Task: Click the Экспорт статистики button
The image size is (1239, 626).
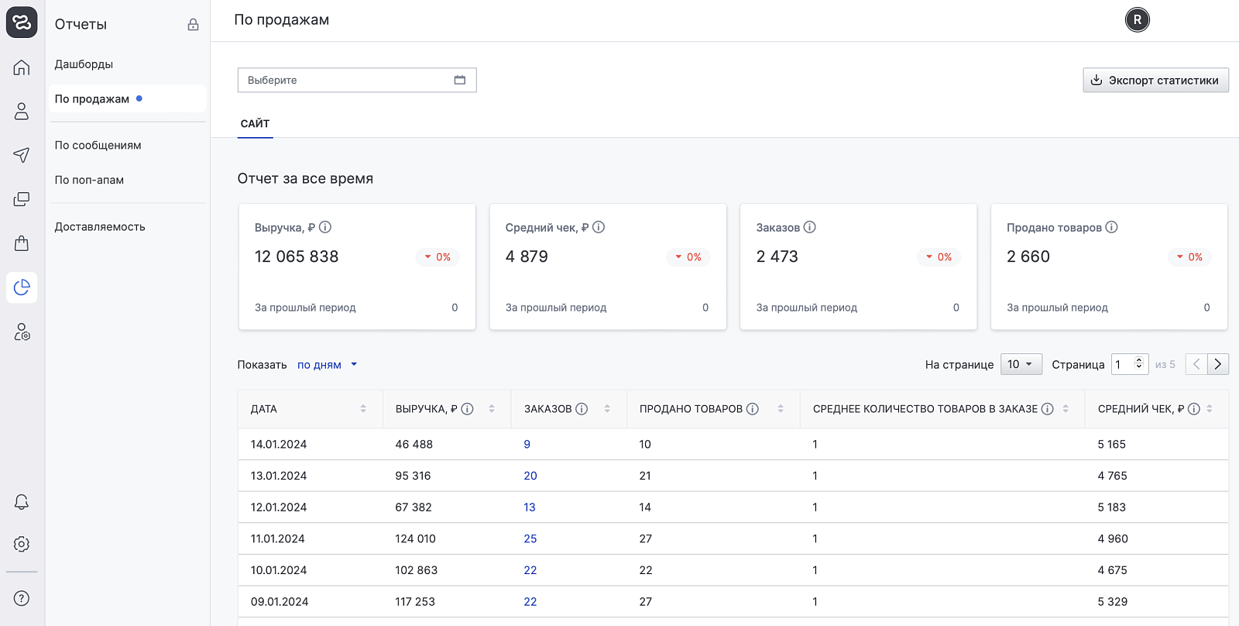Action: click(1155, 81)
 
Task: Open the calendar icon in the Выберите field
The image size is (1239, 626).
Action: click(460, 80)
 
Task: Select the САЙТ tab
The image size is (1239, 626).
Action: click(255, 123)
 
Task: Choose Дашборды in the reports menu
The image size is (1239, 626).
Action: click(84, 64)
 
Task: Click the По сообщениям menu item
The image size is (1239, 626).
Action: click(98, 145)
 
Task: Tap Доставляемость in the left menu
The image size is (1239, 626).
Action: click(100, 226)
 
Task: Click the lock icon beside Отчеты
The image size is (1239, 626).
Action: click(193, 24)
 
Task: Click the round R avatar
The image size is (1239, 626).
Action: click(1138, 20)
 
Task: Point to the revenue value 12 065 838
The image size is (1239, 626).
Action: click(297, 256)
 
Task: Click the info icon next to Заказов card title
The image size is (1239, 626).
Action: click(810, 227)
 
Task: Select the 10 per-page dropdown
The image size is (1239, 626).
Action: click(1021, 364)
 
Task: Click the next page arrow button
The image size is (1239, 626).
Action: click(1218, 364)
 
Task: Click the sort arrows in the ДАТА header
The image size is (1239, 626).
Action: click(363, 409)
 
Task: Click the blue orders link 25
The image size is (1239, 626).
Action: click(530, 538)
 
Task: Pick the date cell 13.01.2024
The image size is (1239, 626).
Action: click(278, 476)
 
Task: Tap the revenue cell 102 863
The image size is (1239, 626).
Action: click(416, 570)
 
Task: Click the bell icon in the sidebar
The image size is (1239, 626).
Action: click(22, 501)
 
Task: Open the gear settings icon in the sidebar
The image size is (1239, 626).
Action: click(22, 544)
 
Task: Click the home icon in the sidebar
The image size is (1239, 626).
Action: click(22, 67)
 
